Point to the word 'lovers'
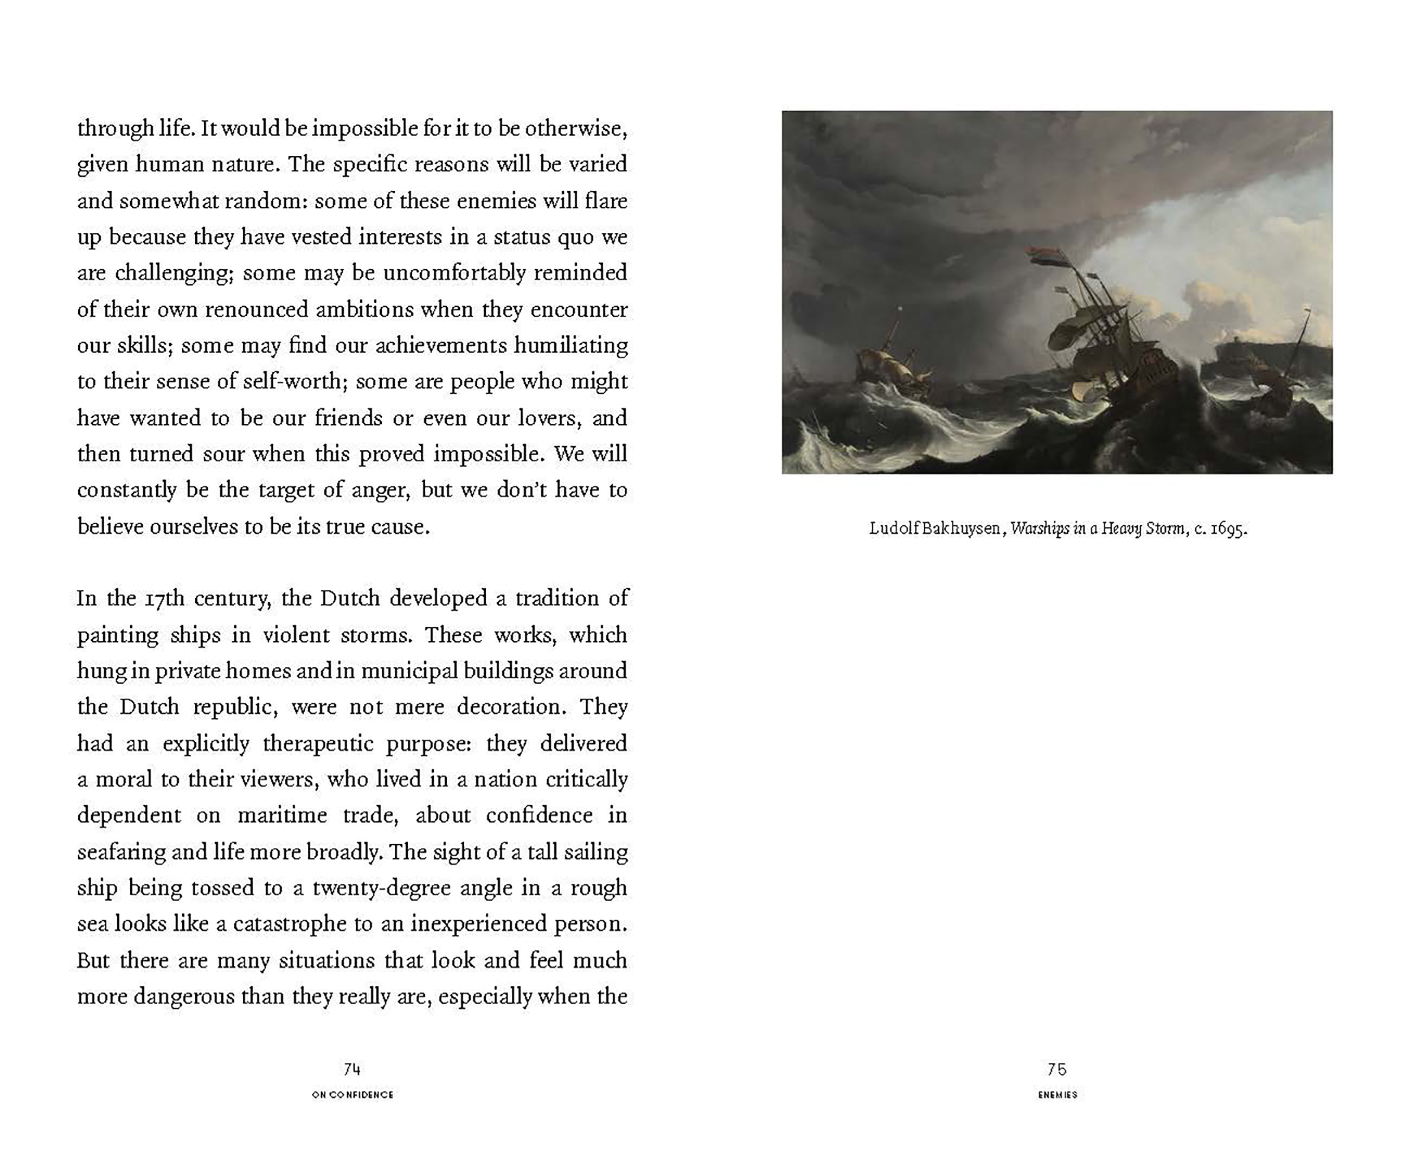pos(546,418)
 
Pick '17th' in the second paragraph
pos(164,598)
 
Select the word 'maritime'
pos(282,816)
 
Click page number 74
pos(352,1070)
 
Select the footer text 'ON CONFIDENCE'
pos(352,1094)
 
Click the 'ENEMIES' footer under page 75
pos(1057,1094)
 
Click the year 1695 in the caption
pos(1228,528)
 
